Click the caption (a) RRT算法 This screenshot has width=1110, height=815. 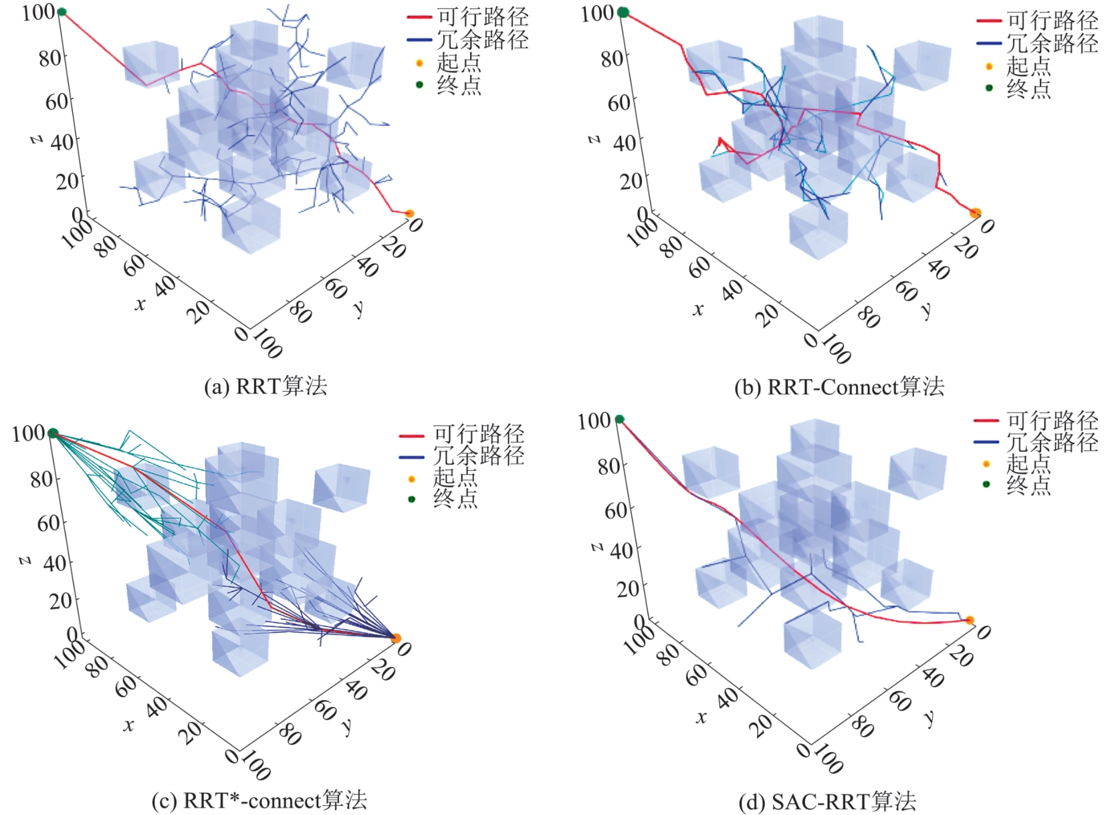click(x=265, y=386)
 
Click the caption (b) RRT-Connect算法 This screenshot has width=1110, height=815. click(x=839, y=387)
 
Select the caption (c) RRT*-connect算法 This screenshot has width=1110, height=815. click(x=259, y=800)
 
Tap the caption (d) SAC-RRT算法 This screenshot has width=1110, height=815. click(x=826, y=801)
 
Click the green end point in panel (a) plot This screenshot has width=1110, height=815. click(x=62, y=11)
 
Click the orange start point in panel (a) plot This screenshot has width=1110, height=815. click(x=409, y=214)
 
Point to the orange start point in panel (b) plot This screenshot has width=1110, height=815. click(x=975, y=213)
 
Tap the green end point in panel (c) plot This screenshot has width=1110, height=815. click(x=53, y=433)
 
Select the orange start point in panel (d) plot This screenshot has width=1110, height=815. click(x=970, y=620)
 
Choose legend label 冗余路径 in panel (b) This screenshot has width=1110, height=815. click(x=1052, y=43)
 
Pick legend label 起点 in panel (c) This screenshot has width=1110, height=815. click(x=455, y=478)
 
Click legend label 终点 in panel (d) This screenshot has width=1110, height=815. click(x=1028, y=484)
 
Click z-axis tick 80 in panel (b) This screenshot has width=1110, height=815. click(x=611, y=58)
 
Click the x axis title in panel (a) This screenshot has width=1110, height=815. click(x=139, y=305)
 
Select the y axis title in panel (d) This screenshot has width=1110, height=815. click(x=929, y=718)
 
